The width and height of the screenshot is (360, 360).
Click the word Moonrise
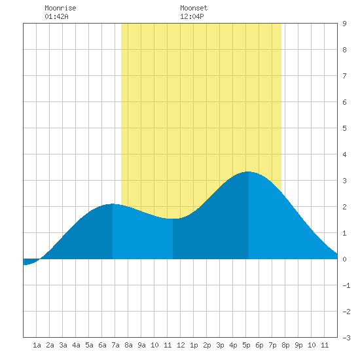pyautogui.click(x=60, y=8)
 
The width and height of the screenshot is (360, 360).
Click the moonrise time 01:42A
pyautogui.click(x=56, y=16)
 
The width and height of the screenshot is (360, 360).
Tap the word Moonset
pyautogui.click(x=194, y=8)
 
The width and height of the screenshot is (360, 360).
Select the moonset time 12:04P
pyautogui.click(x=192, y=16)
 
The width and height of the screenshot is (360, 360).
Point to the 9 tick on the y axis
pyautogui.click(x=344, y=24)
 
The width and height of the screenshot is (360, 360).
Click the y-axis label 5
pyautogui.click(x=344, y=128)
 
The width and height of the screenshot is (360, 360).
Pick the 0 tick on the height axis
pyautogui.click(x=344, y=259)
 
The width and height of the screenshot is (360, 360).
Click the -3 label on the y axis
pyautogui.click(x=346, y=338)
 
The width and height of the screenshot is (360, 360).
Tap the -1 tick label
pyautogui.click(x=346, y=285)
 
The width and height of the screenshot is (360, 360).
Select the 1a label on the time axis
pyautogui.click(x=37, y=345)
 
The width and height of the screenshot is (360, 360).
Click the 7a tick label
pyautogui.click(x=115, y=345)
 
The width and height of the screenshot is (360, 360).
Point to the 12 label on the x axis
pyautogui.click(x=181, y=345)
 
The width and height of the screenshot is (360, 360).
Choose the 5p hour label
pyautogui.click(x=246, y=345)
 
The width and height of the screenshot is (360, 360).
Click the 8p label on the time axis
pyautogui.click(x=285, y=345)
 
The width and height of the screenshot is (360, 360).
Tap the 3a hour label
pyautogui.click(x=63, y=345)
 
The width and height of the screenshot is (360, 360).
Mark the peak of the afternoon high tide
pyautogui.click(x=249, y=171)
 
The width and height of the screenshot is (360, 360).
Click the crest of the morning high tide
pyautogui.click(x=113, y=204)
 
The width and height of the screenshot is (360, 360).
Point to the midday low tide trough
pyautogui.click(x=173, y=219)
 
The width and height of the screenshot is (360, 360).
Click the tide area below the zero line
pyautogui.click(x=29, y=262)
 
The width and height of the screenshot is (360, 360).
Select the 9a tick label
pyautogui.click(x=141, y=345)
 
